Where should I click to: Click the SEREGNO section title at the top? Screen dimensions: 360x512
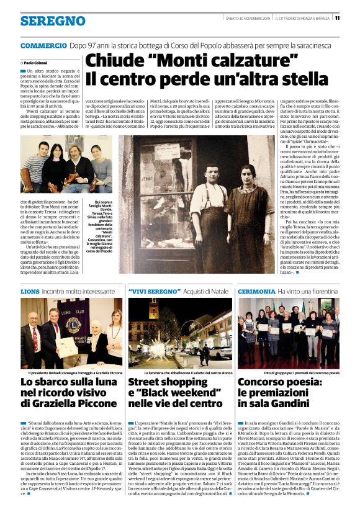[53, 20]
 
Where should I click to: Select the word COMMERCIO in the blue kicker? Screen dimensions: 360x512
[43, 47]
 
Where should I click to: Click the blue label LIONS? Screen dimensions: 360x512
[29, 290]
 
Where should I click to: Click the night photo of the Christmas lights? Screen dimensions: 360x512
[180, 333]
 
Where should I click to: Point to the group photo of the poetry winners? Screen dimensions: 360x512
[289, 333]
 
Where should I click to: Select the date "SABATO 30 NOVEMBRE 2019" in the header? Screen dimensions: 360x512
[246, 18]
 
